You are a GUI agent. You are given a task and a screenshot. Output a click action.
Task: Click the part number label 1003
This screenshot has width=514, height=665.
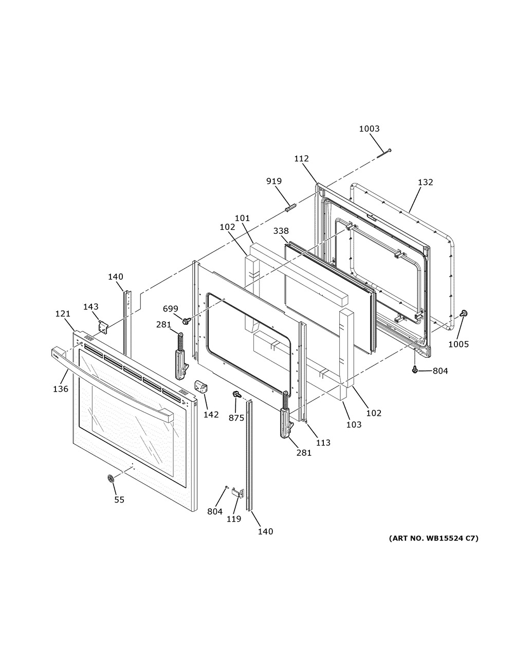pyautogui.click(x=369, y=128)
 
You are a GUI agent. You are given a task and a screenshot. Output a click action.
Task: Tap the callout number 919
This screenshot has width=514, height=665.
pyautogui.click(x=274, y=181)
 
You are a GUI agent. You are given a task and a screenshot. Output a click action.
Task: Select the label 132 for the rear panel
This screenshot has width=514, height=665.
pyautogui.click(x=425, y=182)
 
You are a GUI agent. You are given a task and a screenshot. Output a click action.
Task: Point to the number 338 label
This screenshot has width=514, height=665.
pyautogui.click(x=281, y=231)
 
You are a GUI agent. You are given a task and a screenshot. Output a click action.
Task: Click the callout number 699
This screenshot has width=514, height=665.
pyautogui.click(x=171, y=309)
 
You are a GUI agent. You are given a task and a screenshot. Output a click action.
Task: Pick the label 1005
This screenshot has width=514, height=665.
pyautogui.click(x=458, y=344)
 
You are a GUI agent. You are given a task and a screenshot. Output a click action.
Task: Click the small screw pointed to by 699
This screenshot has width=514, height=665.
pyautogui.click(x=186, y=321)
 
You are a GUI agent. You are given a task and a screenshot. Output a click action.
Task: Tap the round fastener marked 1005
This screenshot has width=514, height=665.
pyautogui.click(x=465, y=313)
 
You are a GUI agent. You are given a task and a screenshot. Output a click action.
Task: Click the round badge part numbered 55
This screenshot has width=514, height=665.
pyautogui.click(x=111, y=478)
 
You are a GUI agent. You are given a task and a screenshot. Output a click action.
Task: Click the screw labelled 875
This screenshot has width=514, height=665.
pyautogui.click(x=236, y=395)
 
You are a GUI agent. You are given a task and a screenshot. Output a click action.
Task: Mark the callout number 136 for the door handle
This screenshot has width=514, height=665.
pyautogui.click(x=61, y=389)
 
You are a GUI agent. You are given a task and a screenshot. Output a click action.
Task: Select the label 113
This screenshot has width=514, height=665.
pyautogui.click(x=323, y=442)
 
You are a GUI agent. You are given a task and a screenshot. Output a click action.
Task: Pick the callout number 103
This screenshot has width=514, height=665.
pyautogui.click(x=354, y=424)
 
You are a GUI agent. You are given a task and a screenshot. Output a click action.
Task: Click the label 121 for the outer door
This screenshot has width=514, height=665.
pyautogui.click(x=63, y=313)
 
